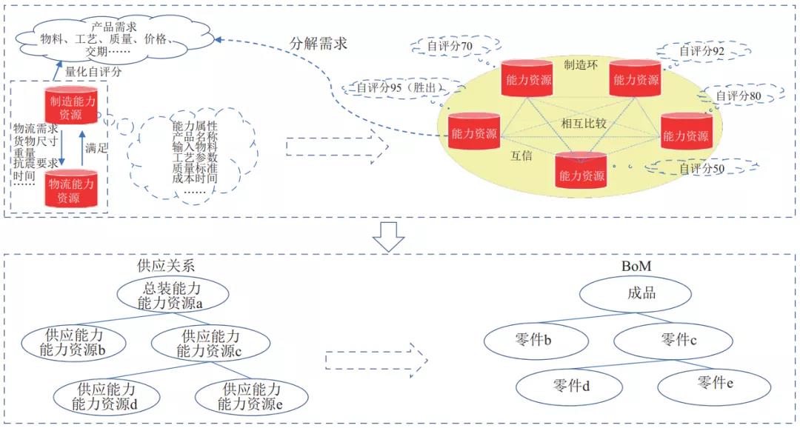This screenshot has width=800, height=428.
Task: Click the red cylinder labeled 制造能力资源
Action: click(73, 105)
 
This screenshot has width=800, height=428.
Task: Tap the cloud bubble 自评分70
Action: click(450, 46)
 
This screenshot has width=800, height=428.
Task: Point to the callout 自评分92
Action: click(703, 52)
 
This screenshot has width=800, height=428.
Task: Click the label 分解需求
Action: click(318, 44)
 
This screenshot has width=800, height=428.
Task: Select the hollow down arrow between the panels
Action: click(387, 235)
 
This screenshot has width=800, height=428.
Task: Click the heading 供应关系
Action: click(167, 265)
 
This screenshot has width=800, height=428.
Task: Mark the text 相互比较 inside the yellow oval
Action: click(584, 124)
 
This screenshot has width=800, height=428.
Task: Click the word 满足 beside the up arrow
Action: click(97, 148)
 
